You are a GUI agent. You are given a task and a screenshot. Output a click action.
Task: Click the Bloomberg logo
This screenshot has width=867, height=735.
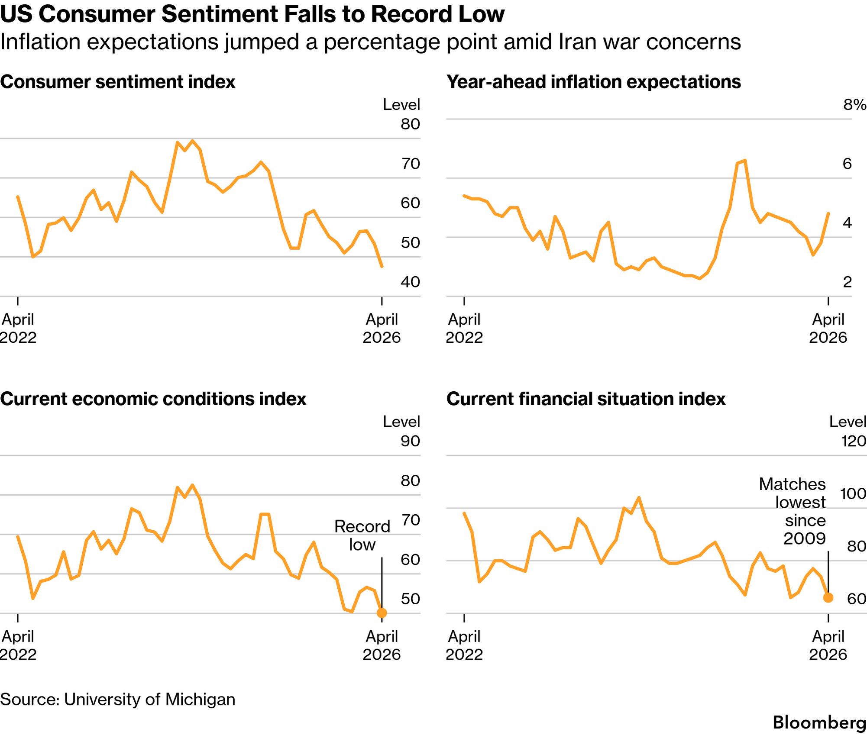tap(819, 722)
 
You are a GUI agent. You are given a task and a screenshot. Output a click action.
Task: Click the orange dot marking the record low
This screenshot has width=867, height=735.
tap(382, 613)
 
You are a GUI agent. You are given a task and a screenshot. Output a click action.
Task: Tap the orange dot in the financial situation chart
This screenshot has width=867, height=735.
tap(828, 598)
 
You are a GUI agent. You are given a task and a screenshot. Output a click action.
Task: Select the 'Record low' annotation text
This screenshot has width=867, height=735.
tap(362, 535)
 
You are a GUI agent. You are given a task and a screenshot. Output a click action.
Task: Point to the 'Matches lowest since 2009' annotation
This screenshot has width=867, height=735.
tap(792, 511)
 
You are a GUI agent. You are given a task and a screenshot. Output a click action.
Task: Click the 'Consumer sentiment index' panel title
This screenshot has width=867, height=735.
tap(118, 82)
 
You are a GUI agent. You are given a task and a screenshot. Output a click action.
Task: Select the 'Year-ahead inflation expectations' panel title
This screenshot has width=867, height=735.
tap(594, 82)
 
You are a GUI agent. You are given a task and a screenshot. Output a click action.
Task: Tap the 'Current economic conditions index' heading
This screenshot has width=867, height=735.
tap(153, 399)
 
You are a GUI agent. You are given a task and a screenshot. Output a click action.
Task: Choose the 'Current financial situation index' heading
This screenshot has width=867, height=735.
tap(586, 399)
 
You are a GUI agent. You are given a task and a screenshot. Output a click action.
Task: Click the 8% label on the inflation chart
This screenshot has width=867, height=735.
tap(854, 104)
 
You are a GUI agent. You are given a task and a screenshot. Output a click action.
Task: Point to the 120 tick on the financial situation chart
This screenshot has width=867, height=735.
tap(854, 441)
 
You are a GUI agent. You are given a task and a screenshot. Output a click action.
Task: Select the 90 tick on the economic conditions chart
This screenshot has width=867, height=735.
tap(410, 441)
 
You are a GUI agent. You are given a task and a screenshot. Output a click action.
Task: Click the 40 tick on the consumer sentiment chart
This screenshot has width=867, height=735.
tap(410, 282)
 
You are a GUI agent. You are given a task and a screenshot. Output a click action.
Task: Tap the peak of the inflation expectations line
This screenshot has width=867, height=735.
tap(744, 161)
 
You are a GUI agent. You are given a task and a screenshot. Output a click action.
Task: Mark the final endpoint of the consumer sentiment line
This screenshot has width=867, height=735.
tap(382, 266)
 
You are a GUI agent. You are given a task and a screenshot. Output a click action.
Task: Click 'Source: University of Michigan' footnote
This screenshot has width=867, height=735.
tap(118, 699)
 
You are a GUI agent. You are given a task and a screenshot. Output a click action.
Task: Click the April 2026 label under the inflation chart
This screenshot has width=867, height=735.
tap(828, 328)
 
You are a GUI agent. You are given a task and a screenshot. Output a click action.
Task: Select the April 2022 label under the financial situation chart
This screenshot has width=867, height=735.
tap(464, 645)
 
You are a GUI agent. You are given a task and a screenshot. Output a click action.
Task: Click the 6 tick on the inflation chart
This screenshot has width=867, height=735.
tap(847, 164)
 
